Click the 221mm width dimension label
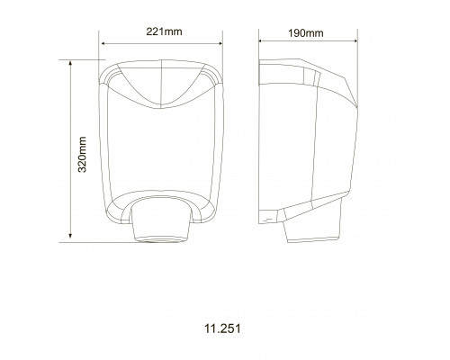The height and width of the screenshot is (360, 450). point(164,31)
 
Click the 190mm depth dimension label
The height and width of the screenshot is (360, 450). point(306,33)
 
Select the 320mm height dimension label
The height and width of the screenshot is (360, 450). point(82,155)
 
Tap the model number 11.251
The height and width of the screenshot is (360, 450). point(222,328)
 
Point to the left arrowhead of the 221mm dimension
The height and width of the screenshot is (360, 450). point(103,44)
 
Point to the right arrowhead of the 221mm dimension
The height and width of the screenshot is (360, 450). point(220,44)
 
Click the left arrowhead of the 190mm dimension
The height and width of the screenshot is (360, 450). point(261,40)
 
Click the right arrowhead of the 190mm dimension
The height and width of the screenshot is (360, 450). point(355,40)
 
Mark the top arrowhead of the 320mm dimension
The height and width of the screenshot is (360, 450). point(70,63)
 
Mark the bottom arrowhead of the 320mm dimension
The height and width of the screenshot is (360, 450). point(70,236)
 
